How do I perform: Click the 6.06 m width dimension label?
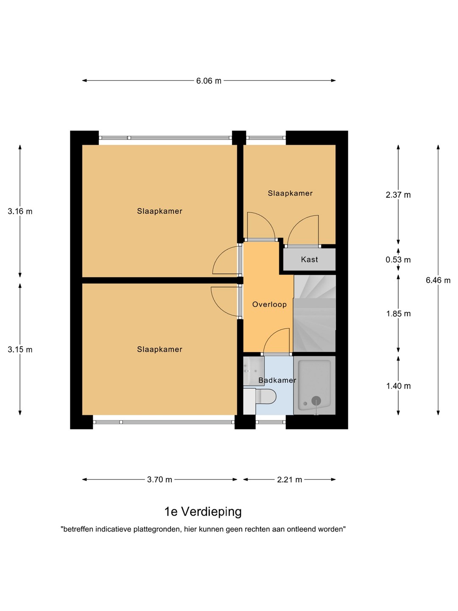209,81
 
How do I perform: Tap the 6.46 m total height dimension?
438,280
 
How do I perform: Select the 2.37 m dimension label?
398,195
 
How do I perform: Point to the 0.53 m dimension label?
398,260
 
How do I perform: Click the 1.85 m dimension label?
398,314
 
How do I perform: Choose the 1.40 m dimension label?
398,386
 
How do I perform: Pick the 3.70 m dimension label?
159,479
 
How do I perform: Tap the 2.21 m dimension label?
290,479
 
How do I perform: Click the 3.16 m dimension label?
20,212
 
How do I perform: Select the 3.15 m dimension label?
20,350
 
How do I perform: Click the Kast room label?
309,259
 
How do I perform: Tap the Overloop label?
269,305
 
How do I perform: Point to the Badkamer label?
277,380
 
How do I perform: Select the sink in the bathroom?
254,371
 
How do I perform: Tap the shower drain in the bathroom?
316,401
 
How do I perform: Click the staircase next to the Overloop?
315,314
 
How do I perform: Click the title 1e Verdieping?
203,512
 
